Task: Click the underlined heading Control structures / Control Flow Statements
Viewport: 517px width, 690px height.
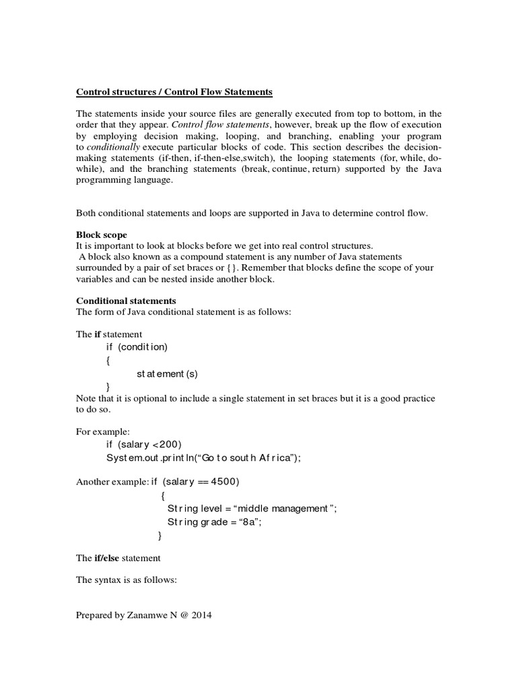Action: tap(174, 92)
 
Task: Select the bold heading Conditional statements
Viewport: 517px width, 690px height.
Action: tap(126, 300)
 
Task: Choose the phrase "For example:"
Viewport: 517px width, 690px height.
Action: tap(102, 431)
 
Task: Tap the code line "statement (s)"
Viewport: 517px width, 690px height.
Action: tap(168, 373)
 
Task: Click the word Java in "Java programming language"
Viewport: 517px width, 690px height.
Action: tap(429, 169)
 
